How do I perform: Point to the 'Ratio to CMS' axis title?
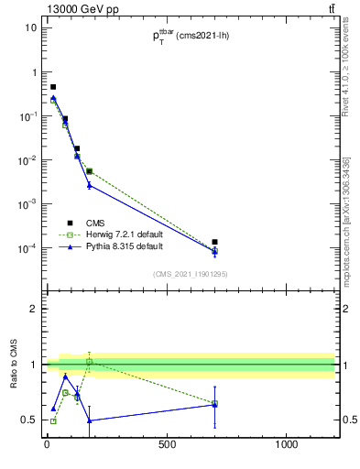[x=14, y=364]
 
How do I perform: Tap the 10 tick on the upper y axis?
[x=31, y=27]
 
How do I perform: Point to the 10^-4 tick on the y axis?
[x=27, y=248]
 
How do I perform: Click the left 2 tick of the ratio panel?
[x=33, y=309]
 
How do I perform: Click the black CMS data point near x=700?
[x=214, y=242]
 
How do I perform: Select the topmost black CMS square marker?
[x=53, y=87]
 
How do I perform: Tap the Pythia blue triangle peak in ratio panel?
[x=65, y=376]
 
